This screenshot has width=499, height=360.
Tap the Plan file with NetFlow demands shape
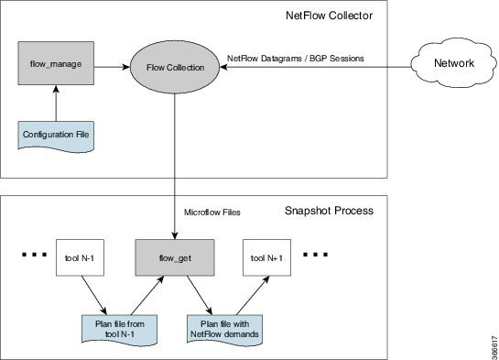click(x=221, y=325)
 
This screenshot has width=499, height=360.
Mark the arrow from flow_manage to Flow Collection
click(x=114, y=67)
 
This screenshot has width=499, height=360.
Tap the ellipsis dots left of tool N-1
click(x=30, y=253)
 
